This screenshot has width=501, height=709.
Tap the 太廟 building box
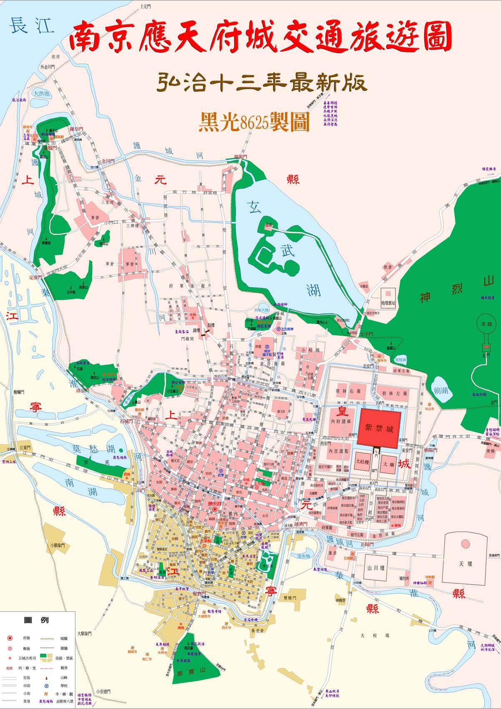[x=388, y=463]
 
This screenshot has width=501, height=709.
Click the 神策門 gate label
[x=240, y=157]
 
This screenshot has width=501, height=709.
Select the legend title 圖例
[x=37, y=620]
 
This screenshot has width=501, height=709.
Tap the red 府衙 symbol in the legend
[x=10, y=639]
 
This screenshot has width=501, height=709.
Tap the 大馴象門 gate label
[x=85, y=633]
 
